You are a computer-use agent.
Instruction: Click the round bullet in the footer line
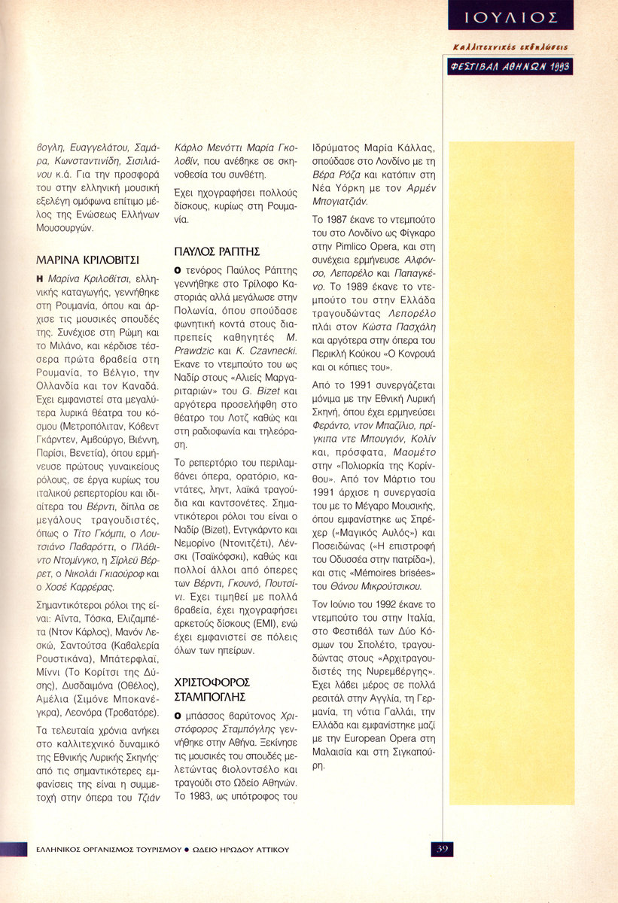tap(187, 849)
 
